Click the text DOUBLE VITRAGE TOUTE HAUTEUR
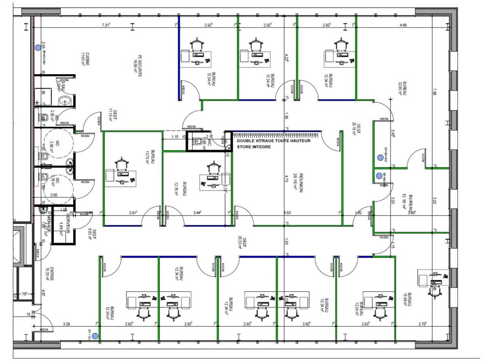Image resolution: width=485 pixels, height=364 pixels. [273, 141]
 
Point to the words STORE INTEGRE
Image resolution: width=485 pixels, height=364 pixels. [254, 147]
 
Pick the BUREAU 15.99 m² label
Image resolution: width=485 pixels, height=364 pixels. [407, 300]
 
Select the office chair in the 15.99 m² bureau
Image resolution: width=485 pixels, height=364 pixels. [433, 290]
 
